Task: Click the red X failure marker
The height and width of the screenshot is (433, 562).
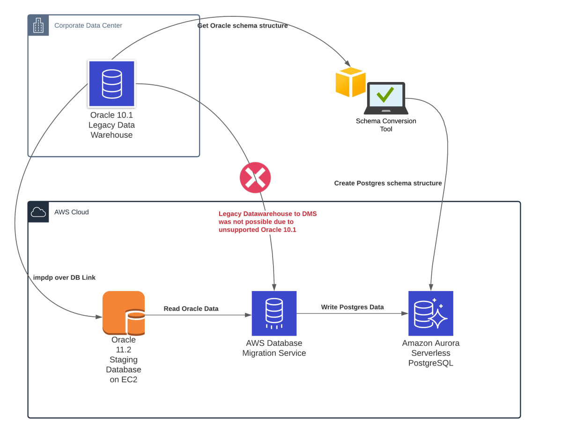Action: (x=255, y=178)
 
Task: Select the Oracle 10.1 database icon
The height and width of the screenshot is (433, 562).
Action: (x=111, y=84)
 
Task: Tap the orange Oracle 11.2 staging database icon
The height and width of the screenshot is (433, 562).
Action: (x=124, y=313)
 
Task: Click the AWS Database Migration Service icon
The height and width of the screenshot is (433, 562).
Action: (x=274, y=313)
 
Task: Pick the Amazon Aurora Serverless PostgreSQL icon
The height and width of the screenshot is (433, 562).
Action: (x=431, y=313)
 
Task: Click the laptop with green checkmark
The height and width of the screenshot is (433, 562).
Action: (x=386, y=98)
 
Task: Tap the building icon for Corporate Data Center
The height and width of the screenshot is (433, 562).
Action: (x=38, y=25)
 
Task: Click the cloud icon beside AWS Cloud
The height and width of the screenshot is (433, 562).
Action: (x=38, y=212)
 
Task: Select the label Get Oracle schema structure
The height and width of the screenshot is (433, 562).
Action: (x=242, y=26)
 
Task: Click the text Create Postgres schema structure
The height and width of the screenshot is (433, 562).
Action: (x=388, y=183)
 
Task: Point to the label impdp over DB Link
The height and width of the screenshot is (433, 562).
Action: (x=64, y=277)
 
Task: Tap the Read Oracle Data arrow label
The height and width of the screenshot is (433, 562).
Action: (x=191, y=308)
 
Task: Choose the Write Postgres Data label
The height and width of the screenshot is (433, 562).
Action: (x=352, y=307)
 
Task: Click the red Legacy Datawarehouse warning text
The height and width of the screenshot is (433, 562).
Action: (x=267, y=222)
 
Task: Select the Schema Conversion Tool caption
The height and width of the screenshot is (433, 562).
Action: (x=386, y=125)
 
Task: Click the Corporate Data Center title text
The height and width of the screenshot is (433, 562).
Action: (x=88, y=25)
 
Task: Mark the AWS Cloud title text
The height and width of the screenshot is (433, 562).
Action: (x=71, y=212)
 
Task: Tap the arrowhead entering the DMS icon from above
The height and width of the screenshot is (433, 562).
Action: (x=274, y=287)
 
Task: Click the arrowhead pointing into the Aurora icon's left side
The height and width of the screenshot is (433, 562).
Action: (x=404, y=313)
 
